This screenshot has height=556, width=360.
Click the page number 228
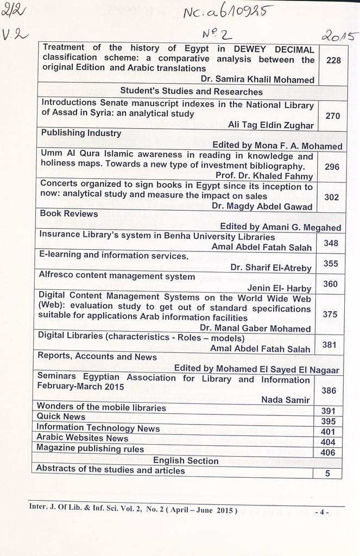click(333, 60)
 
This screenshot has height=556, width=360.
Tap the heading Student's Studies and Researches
click(191, 91)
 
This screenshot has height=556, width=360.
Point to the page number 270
click(332, 116)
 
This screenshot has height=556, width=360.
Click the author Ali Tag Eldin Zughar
click(270, 125)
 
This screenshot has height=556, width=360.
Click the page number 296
click(332, 167)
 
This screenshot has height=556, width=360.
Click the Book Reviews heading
click(69, 213)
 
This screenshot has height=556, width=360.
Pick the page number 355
click(331, 263)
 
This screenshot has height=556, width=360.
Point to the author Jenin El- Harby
click(280, 287)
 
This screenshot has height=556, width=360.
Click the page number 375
click(330, 314)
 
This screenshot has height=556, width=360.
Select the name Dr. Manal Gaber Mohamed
click(255, 328)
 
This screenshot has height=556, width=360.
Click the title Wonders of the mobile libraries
click(101, 407)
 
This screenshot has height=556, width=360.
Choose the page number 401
click(329, 432)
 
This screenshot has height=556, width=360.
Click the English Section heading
click(186, 460)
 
